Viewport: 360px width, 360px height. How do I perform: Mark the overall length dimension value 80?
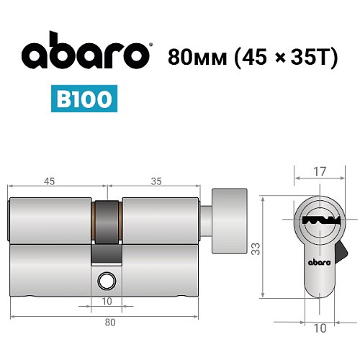click(110, 322)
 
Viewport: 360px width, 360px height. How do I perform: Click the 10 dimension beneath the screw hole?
click(107, 300)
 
